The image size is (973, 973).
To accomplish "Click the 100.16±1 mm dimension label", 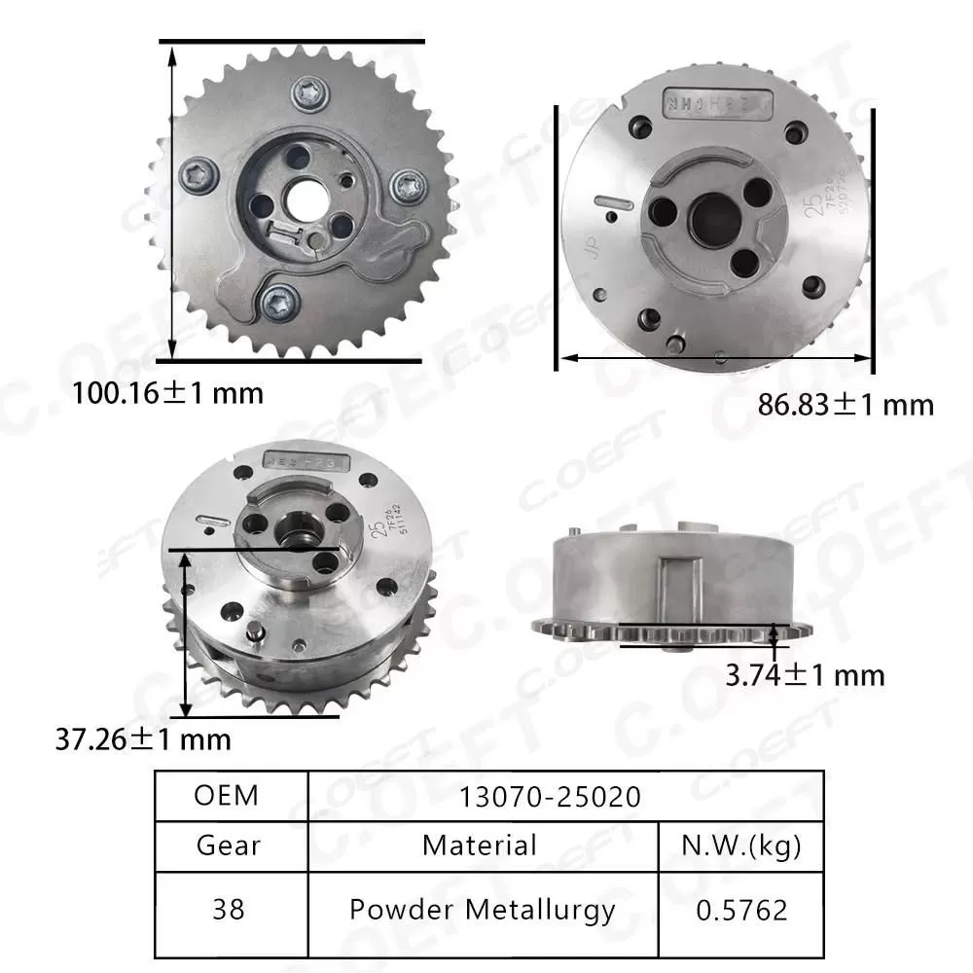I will (168, 394).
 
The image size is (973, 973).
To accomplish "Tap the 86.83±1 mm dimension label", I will (846, 404).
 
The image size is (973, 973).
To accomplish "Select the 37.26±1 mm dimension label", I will (143, 739).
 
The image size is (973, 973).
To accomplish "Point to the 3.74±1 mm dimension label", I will (805, 674).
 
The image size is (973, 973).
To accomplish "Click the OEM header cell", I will (227, 795).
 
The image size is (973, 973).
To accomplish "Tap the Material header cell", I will (480, 845).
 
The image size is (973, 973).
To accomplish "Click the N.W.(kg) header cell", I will (742, 845).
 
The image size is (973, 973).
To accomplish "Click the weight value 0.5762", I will (742, 910).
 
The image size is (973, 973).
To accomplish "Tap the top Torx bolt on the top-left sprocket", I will (308, 93).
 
